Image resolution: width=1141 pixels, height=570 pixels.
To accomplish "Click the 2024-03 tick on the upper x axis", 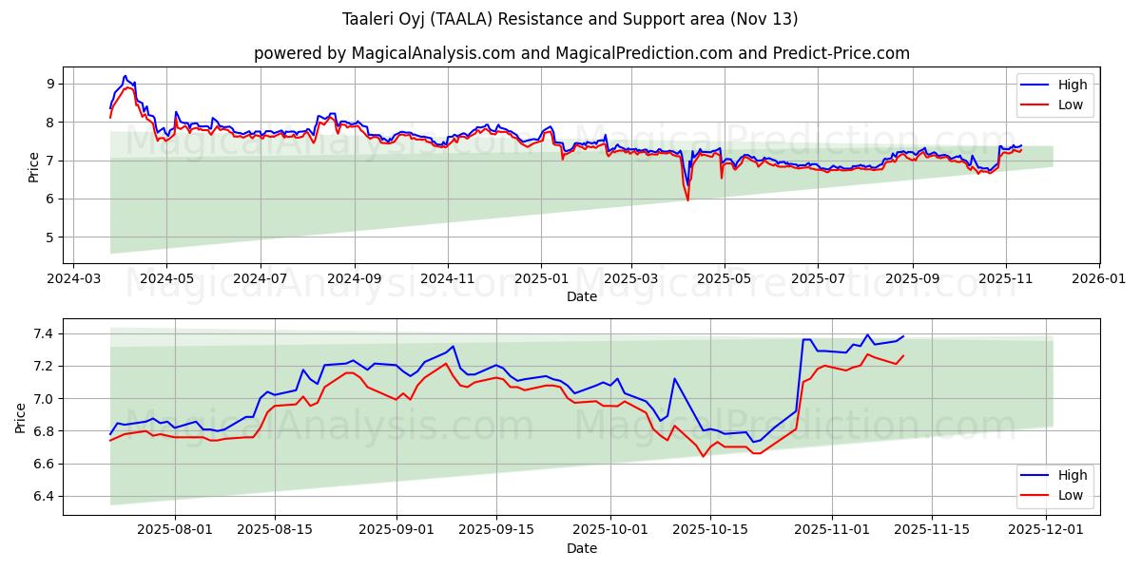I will pyautogui.click(x=74, y=279).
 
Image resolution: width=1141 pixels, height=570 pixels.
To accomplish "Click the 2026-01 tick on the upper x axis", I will pyautogui.click(x=1099, y=279).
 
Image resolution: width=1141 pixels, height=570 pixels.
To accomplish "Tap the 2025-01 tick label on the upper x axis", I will pyautogui.click(x=541, y=279).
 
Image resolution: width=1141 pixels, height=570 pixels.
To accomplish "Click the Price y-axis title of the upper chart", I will pyautogui.click(x=34, y=167).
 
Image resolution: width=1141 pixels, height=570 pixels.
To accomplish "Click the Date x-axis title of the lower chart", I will pyautogui.click(x=581, y=548).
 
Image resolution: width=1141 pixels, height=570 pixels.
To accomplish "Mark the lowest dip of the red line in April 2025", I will pyautogui.click(x=687, y=199).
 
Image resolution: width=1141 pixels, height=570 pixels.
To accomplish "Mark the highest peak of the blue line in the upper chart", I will pyautogui.click(x=125, y=76).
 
